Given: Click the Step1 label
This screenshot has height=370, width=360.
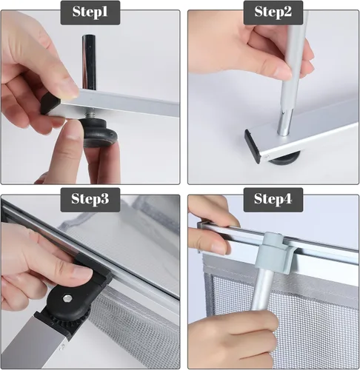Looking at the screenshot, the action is tap(90, 12).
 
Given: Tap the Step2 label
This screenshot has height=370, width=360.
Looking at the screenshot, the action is tap(273, 12).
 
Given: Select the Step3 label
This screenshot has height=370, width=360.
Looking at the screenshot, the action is tap(90, 199).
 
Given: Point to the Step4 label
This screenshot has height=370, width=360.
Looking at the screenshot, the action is tap(273, 199).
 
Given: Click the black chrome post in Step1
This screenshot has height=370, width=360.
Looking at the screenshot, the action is tap(89, 62).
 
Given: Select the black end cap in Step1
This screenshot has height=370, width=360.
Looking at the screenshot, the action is tap(50, 104).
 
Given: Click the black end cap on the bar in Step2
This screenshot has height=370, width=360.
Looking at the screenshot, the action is tap(253, 146).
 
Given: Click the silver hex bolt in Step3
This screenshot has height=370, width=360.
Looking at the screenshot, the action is tap(66, 298).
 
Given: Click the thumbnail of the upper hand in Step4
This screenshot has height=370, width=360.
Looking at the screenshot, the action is tap(217, 246).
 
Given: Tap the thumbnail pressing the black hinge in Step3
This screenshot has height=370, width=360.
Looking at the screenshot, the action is tap(83, 272).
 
